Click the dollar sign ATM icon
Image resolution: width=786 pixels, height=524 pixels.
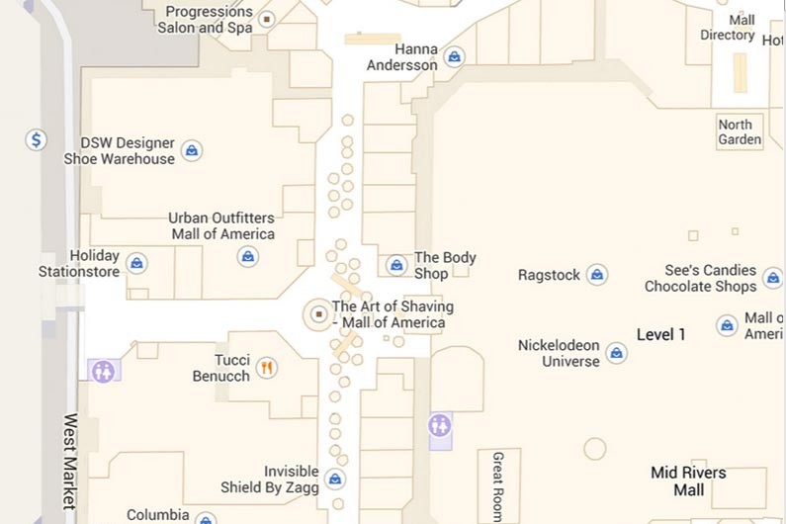click(37, 140)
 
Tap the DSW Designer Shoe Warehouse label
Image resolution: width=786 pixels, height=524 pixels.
click(120, 151)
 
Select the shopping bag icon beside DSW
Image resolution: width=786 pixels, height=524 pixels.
click(193, 151)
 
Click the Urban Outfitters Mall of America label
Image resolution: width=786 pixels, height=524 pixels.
click(221, 225)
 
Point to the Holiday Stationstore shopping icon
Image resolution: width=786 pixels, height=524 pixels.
click(137, 263)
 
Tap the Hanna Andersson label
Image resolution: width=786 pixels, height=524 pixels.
click(401, 57)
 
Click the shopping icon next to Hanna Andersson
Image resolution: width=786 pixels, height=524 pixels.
click(454, 57)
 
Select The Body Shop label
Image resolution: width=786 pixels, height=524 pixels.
click(445, 265)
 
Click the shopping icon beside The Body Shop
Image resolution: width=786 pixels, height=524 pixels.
click(396, 265)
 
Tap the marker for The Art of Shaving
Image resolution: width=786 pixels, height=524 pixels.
click(318, 313)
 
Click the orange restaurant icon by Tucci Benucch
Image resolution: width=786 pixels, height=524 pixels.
click(266, 369)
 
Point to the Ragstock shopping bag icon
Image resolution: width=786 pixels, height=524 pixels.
click(596, 275)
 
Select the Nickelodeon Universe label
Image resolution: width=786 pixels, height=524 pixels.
click(559, 353)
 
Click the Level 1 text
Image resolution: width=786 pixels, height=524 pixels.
click(660, 334)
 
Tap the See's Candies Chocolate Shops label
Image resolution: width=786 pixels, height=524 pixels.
click(700, 278)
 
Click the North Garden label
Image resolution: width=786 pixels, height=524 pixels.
click(740, 132)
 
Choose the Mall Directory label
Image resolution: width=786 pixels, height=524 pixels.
click(728, 28)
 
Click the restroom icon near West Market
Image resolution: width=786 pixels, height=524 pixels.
click(103, 371)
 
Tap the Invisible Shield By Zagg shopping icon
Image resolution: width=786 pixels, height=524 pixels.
click(335, 480)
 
